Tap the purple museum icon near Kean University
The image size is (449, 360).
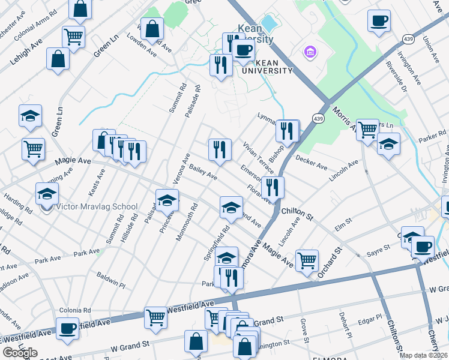coord(310,53)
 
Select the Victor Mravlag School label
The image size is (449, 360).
coord(96,207)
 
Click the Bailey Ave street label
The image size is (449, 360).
coord(202,172)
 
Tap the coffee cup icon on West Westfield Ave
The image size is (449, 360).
coord(67,328)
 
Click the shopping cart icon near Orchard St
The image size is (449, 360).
coord(307,260)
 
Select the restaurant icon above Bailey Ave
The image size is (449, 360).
coord(220,149)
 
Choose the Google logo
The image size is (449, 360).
coord(20,353)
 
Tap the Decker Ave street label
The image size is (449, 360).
coord(311,161)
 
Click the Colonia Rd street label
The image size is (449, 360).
coord(74,310)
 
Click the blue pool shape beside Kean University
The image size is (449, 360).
coord(269,23)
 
